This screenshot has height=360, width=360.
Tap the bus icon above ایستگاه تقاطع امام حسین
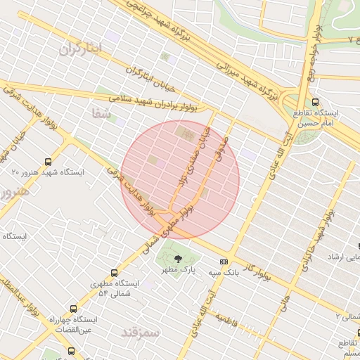315,102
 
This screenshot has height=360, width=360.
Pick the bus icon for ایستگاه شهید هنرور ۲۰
47,161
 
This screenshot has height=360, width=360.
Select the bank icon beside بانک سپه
224,260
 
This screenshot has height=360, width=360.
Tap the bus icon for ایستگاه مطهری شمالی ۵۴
115,273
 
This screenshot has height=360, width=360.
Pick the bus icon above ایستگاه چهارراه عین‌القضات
74,308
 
